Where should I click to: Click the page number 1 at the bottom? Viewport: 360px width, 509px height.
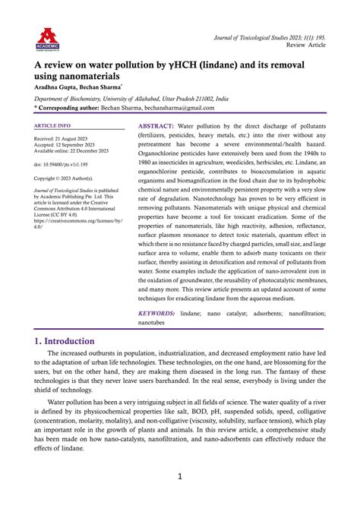point(180,476)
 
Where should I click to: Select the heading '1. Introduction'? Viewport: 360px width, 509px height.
point(74,341)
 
